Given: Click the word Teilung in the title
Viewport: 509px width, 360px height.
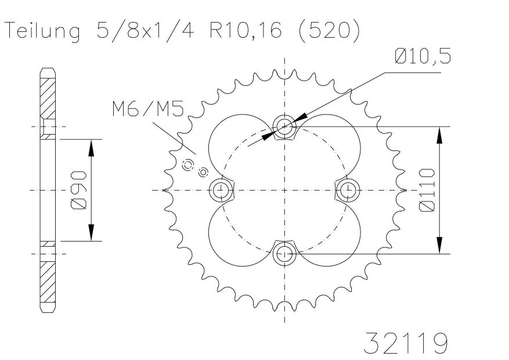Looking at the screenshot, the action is point(43,32).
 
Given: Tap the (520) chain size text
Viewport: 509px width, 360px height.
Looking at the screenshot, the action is point(328,31).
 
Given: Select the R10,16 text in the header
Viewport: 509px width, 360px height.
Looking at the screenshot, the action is point(246,31).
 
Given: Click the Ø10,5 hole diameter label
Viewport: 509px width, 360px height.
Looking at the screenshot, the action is point(423,56).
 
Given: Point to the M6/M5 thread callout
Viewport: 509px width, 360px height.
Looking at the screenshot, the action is point(148,109).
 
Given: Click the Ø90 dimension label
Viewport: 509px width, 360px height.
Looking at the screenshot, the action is point(78,190).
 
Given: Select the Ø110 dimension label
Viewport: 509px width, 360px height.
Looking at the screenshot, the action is point(427,190).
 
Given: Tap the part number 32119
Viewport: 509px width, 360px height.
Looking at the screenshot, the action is point(406,343).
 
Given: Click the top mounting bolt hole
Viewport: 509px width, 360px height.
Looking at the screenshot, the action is point(285,126).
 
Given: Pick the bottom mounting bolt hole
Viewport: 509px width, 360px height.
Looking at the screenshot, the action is point(285,253).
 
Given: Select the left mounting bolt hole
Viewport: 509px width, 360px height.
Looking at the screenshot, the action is point(221,189).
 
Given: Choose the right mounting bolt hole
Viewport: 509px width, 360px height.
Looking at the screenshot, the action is point(348,189).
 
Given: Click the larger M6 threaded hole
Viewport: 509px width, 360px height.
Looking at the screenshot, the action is point(187,165).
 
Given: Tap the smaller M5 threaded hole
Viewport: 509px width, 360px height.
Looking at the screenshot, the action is point(203,172).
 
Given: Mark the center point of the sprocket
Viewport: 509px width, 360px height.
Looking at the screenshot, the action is point(285,190).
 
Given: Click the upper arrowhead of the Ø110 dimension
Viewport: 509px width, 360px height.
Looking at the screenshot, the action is point(439,135).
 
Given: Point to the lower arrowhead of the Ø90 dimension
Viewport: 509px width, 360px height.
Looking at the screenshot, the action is point(91,232).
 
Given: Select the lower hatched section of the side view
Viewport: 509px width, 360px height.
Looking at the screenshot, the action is point(48,282).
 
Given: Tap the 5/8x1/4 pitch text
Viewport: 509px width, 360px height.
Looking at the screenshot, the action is point(145,31).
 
